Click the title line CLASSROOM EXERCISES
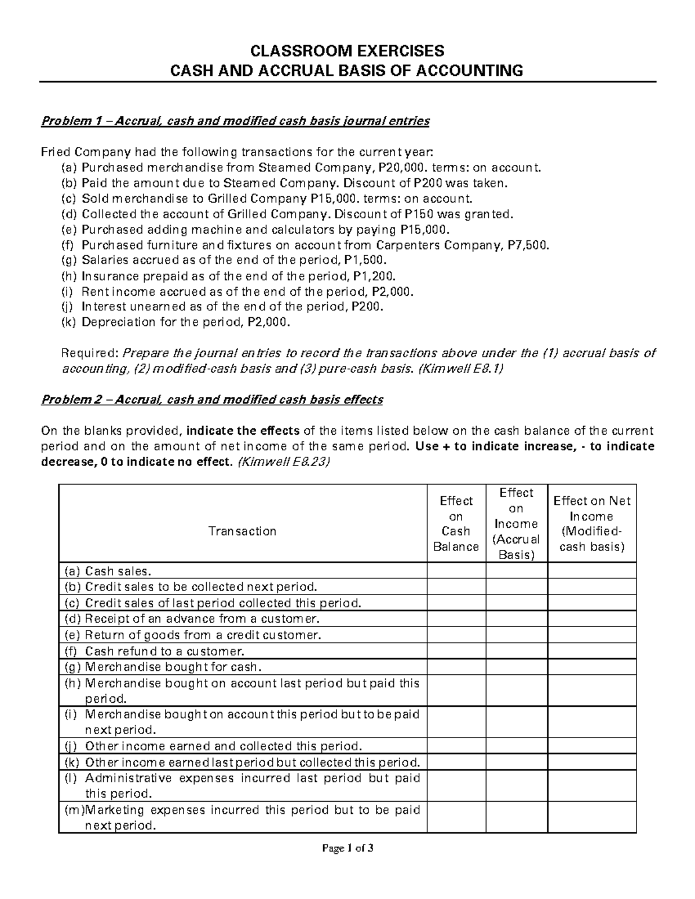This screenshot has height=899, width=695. point(347,50)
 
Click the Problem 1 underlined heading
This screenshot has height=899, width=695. point(235,121)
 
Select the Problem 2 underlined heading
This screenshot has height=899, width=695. point(211,400)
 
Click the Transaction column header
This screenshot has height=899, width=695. point(242,531)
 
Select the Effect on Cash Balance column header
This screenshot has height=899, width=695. point(456,524)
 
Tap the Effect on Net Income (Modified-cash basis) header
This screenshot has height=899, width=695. point(591,524)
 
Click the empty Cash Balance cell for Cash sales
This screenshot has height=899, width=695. point(456,571)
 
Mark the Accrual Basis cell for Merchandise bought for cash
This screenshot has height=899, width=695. point(516,667)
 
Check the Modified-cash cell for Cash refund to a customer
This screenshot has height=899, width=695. point(591,651)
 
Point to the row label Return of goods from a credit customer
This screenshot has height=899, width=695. point(203,635)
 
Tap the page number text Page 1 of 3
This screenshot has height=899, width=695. point(348,849)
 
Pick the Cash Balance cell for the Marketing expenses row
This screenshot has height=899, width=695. point(456,817)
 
